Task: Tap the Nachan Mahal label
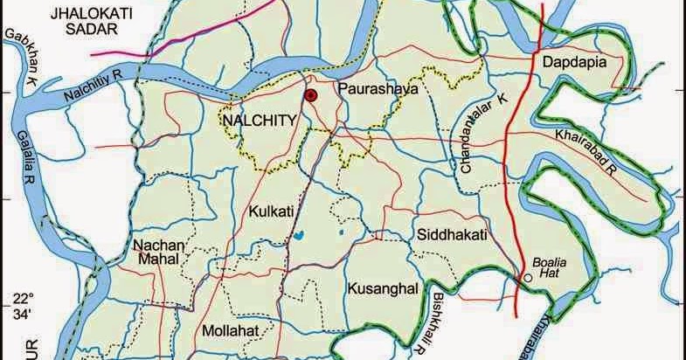158,254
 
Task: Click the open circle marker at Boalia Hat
528,280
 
